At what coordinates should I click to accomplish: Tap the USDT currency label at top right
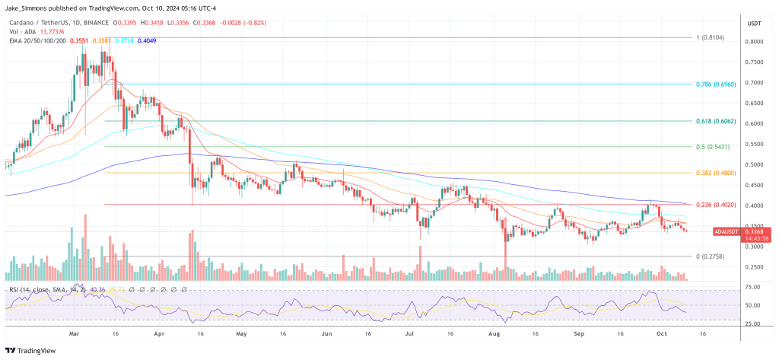pyautogui.click(x=755, y=22)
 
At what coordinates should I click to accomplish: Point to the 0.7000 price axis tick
pyautogui.click(x=754, y=82)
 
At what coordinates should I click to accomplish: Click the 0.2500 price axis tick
pyautogui.click(x=754, y=267)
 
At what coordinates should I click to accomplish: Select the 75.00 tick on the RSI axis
pyautogui.click(x=753, y=287)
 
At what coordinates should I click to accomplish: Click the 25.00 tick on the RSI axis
pyautogui.click(x=753, y=323)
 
